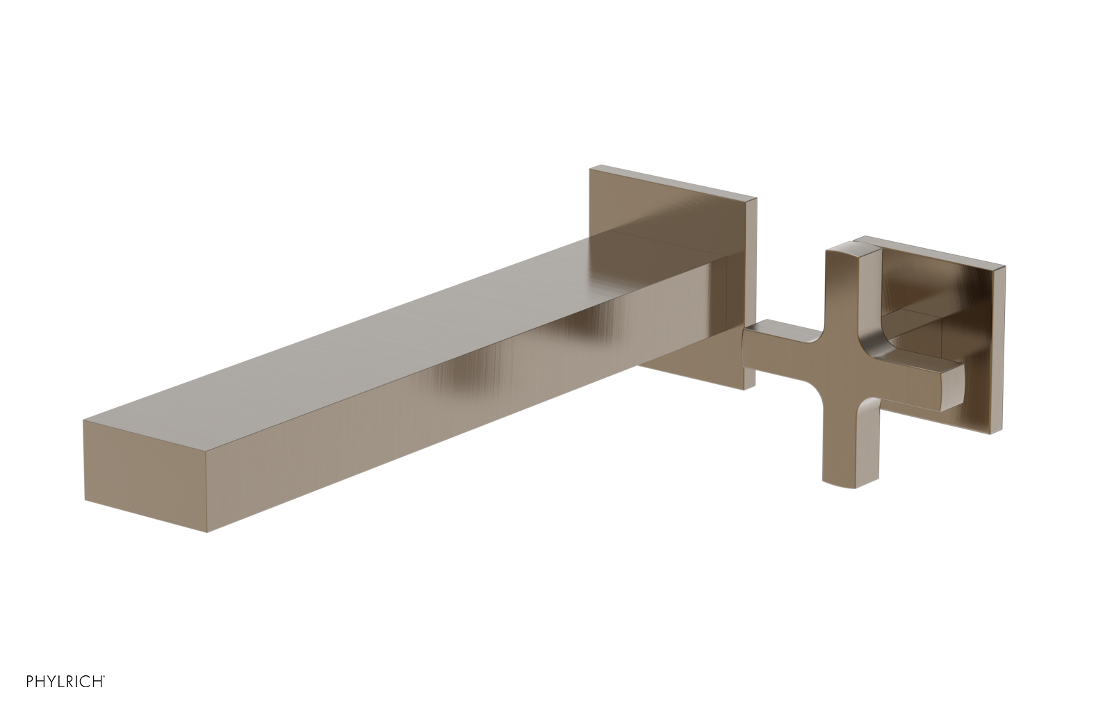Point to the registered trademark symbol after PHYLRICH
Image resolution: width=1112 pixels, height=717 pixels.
point(104,693)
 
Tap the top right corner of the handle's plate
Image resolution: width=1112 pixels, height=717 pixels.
point(1004,266)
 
